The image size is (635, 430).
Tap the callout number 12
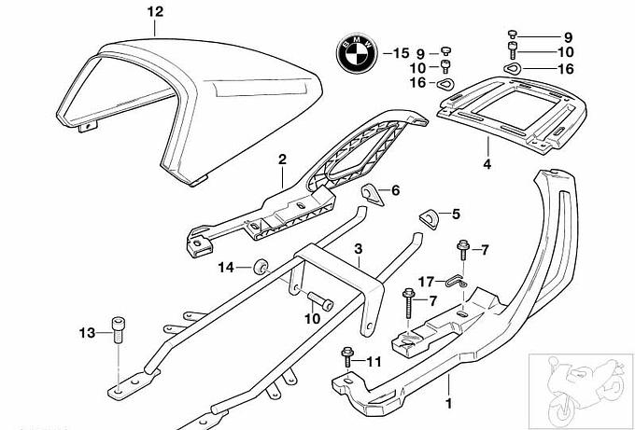[155, 12]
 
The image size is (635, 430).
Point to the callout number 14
[226, 268]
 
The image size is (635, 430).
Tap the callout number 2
[281, 160]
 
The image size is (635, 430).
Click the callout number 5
[457, 215]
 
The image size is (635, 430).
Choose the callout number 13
[87, 332]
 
